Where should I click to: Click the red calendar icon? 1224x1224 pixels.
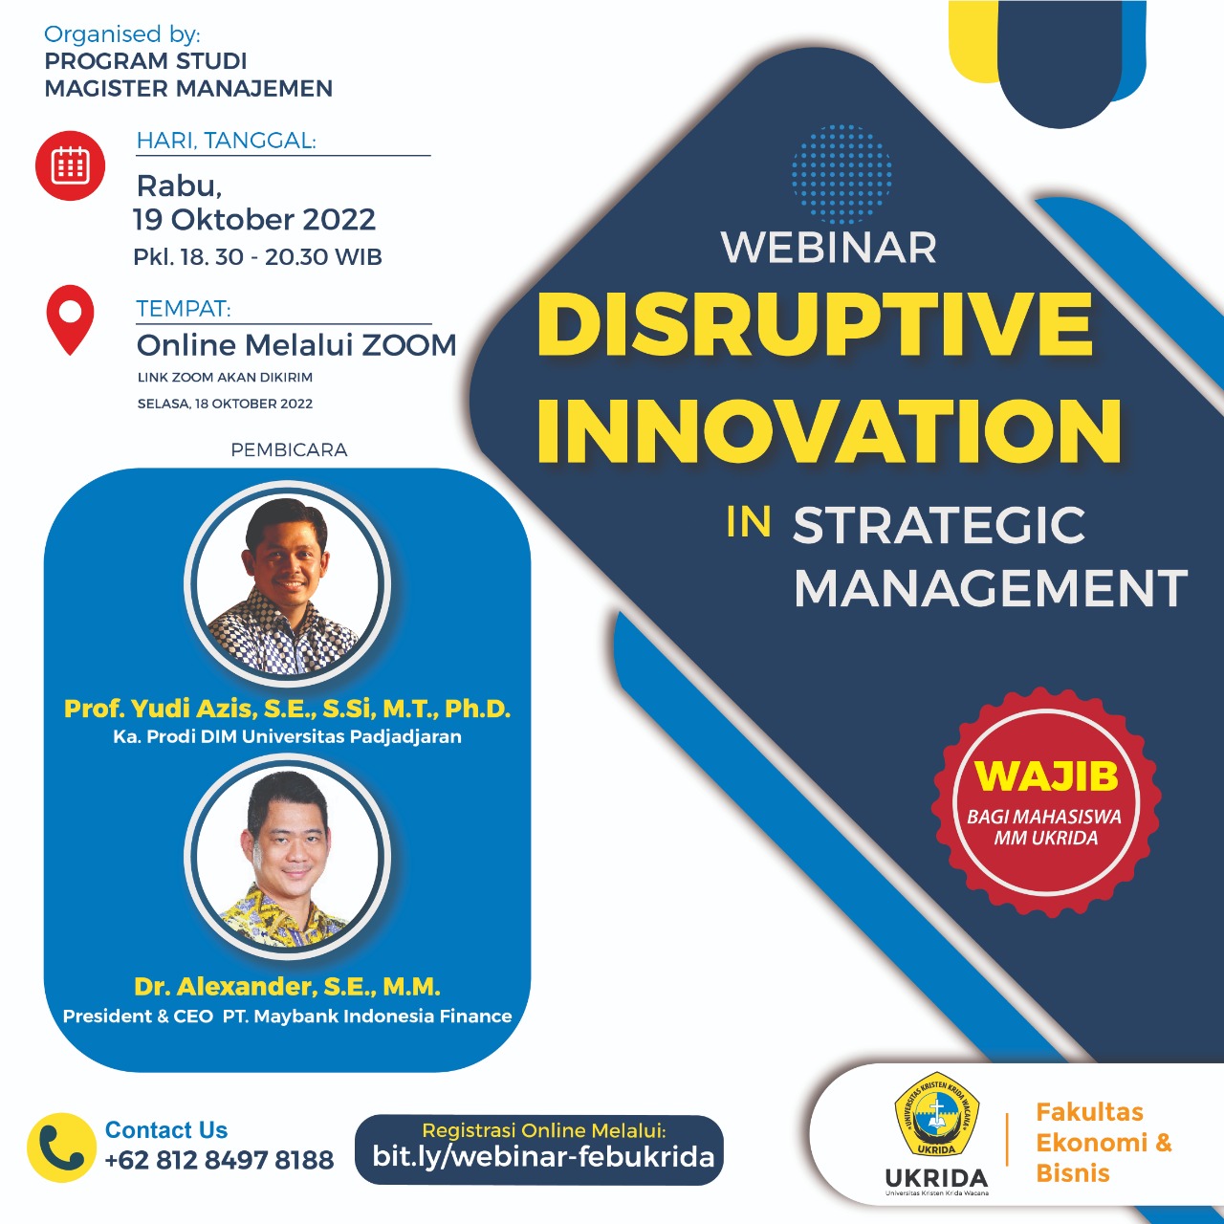point(70,165)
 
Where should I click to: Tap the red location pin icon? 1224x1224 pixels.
point(70,318)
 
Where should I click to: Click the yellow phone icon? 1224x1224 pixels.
point(61,1147)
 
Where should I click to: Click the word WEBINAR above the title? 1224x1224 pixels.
point(828,249)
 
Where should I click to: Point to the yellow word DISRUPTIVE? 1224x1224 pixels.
point(815,324)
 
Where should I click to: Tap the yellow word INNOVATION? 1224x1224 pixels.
point(828,431)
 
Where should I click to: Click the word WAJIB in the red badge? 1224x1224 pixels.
point(1046,776)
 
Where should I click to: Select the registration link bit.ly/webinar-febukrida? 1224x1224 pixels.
point(543,1157)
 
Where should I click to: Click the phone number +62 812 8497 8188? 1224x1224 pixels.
point(219,1160)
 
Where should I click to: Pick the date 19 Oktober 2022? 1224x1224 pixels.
point(254,220)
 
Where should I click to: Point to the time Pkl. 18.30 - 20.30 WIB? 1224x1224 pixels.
point(257,257)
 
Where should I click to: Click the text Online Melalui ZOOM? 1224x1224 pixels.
point(296,344)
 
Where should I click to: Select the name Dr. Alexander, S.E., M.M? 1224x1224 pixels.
point(287,986)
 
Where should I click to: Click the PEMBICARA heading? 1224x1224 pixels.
point(289,449)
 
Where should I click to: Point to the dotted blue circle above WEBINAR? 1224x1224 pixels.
point(841,173)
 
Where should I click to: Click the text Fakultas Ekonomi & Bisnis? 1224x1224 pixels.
point(1103,1143)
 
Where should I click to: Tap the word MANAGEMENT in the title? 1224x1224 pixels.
point(990,588)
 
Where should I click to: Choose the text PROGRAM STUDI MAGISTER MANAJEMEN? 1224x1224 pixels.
point(188,75)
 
